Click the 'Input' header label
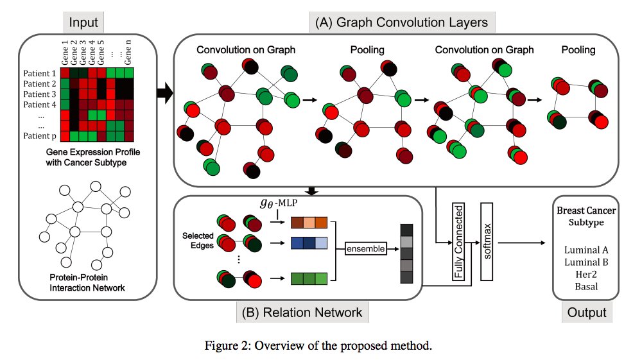[84, 23]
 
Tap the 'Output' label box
[587, 313]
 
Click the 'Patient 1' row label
[40, 73]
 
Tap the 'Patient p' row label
[40, 137]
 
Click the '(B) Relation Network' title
[302, 313]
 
